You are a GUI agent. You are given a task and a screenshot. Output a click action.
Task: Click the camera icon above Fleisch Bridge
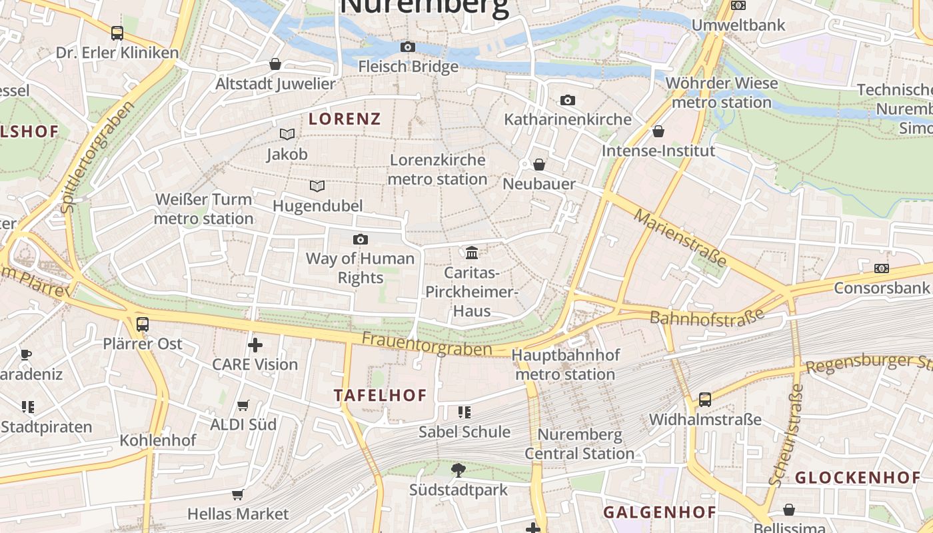pyautogui.click(x=407, y=47)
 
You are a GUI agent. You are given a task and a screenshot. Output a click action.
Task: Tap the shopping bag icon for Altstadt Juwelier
pyautogui.click(x=275, y=64)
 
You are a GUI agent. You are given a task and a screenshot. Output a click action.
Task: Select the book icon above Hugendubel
pyautogui.click(x=317, y=186)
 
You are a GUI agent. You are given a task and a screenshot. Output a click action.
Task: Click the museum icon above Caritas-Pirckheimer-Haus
pyautogui.click(x=472, y=253)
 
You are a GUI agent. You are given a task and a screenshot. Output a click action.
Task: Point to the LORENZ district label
pyautogui.click(x=345, y=119)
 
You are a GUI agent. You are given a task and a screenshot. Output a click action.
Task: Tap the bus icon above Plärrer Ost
pyautogui.click(x=143, y=324)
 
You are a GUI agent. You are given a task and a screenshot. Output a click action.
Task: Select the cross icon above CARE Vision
pyautogui.click(x=255, y=344)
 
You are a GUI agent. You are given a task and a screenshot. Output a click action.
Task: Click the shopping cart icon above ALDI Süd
pyautogui.click(x=243, y=405)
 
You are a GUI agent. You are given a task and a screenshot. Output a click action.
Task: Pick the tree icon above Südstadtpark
pyautogui.click(x=458, y=470)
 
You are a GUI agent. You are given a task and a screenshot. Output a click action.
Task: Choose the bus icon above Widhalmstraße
pyautogui.click(x=704, y=400)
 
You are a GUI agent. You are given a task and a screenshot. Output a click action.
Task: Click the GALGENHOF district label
pyautogui.click(x=659, y=512)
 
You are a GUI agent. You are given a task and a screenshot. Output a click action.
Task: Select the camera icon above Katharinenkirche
pyautogui.click(x=567, y=101)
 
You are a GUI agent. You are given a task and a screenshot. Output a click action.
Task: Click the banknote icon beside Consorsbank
pyautogui.click(x=881, y=268)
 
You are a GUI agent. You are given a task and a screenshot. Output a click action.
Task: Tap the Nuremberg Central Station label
pyautogui.click(x=579, y=444)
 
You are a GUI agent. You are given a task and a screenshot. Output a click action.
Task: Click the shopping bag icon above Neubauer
pyautogui.click(x=539, y=165)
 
